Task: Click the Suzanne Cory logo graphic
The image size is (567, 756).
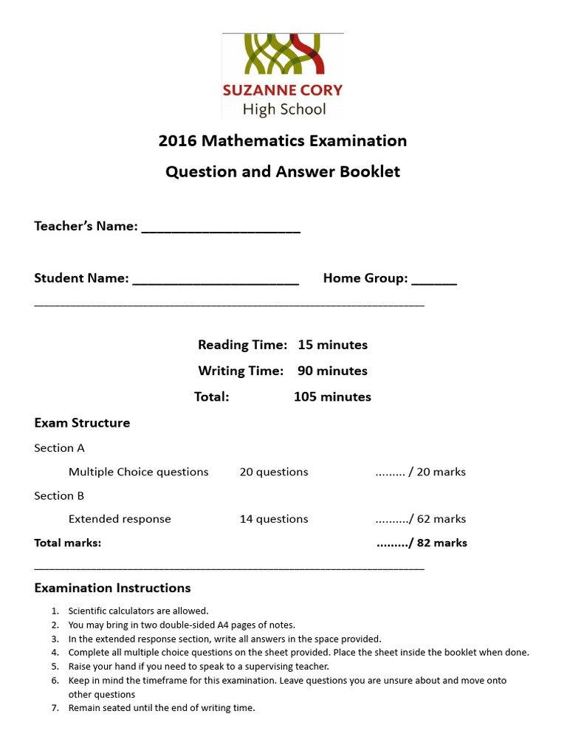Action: [283, 56]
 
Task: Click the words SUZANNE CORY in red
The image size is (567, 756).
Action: [283, 91]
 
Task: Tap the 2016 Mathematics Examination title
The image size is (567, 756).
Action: [283, 140]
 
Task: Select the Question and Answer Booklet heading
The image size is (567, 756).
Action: [283, 171]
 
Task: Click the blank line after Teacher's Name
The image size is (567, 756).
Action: [221, 229]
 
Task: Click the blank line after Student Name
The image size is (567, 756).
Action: [216, 281]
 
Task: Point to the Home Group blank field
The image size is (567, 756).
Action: [434, 281]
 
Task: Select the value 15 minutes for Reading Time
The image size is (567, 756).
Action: [332, 345]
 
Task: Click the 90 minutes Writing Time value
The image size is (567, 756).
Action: [332, 371]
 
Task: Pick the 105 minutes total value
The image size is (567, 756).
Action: [332, 396]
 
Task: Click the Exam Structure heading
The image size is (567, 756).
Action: [82, 423]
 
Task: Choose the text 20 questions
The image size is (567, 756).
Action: [274, 472]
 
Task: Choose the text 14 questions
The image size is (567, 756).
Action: [274, 519]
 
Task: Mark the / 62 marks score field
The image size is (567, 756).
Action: [421, 519]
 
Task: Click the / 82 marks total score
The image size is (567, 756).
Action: [422, 543]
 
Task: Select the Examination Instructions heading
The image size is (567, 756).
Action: [112, 588]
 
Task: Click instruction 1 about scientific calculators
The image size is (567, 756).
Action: [138, 611]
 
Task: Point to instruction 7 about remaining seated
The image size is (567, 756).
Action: [161, 708]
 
